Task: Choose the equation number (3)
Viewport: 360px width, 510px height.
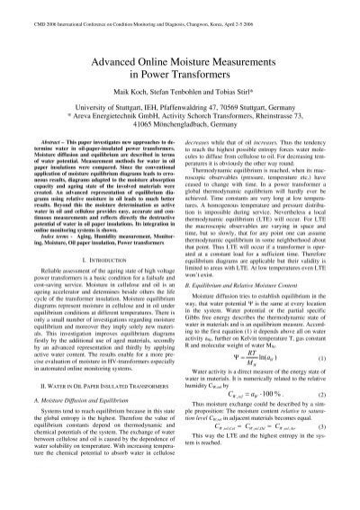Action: point(320,482)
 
